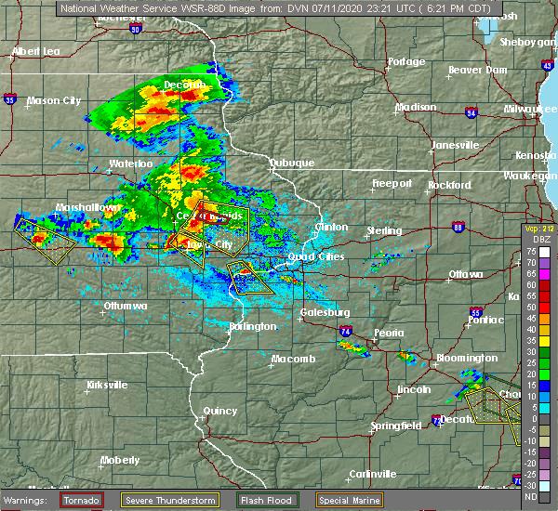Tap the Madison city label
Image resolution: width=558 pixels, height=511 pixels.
pyautogui.click(x=416, y=107)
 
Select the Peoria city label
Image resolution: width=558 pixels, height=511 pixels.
pyautogui.click(x=388, y=332)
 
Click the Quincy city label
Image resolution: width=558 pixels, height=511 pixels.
pyautogui.click(x=220, y=410)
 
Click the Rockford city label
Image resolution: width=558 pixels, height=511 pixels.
pyautogui.click(x=449, y=185)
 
